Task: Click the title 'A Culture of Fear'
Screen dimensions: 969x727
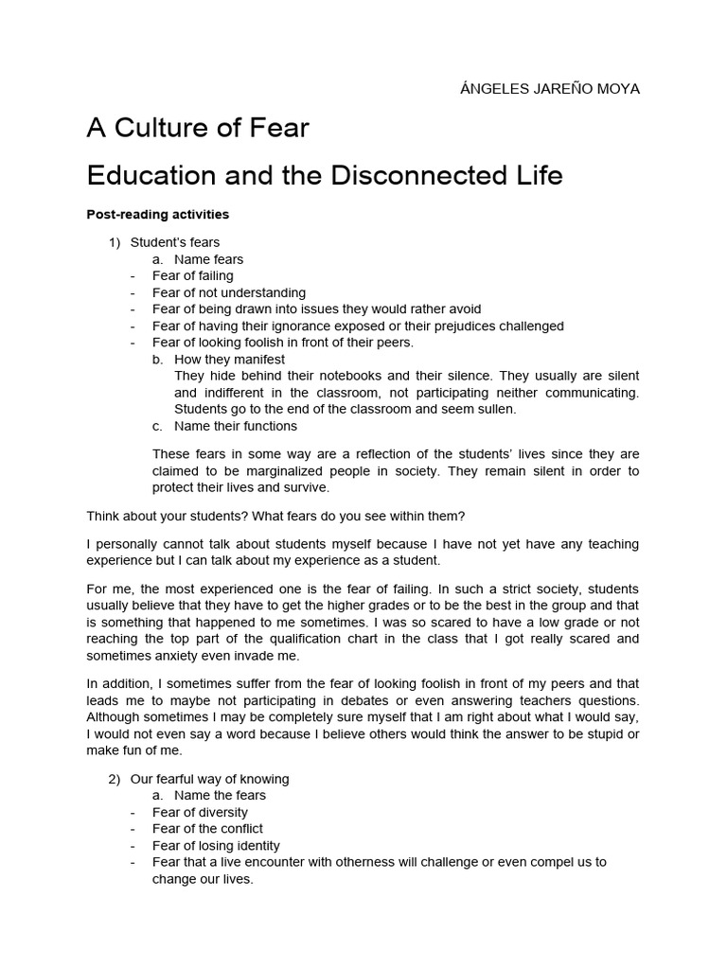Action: pos(198,128)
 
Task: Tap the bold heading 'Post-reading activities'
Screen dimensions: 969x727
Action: pos(157,215)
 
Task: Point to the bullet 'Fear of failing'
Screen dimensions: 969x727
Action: pos(192,276)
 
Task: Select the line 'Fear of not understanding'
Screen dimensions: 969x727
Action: pos(229,292)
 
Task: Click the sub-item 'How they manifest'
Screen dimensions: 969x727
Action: pos(229,360)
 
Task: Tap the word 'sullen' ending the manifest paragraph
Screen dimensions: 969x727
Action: pos(496,409)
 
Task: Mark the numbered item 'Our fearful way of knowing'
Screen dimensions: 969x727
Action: pos(209,779)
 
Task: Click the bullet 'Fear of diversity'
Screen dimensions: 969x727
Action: pos(200,812)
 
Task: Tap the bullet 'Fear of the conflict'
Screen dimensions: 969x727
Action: pos(207,828)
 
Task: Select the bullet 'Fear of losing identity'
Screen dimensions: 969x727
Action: pos(216,845)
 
